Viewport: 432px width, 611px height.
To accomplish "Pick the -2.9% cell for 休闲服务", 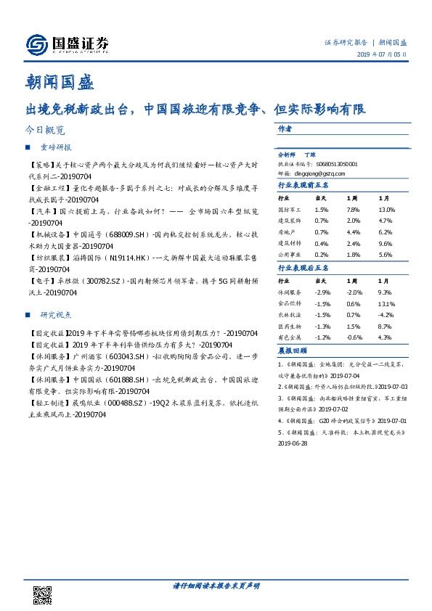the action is tap(321, 292).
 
